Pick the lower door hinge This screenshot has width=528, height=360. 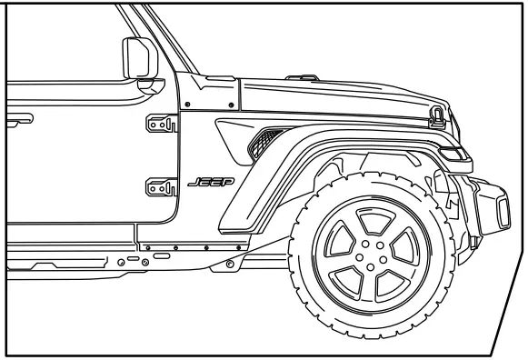coord(159,188)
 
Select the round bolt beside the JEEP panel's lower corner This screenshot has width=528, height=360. coord(228,264)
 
